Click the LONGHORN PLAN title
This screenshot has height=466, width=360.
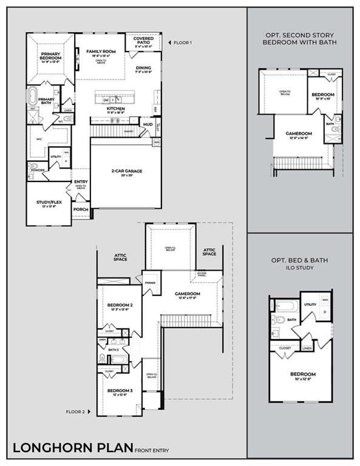(72, 448)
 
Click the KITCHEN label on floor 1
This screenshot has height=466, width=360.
(115, 109)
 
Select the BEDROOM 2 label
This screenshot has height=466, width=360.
(120, 305)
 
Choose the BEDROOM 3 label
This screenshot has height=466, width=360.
(120, 390)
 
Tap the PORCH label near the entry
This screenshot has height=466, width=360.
(81, 209)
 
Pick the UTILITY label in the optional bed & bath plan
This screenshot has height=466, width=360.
(310, 305)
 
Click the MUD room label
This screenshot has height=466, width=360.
(148, 124)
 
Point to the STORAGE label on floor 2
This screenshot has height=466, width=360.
(149, 282)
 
